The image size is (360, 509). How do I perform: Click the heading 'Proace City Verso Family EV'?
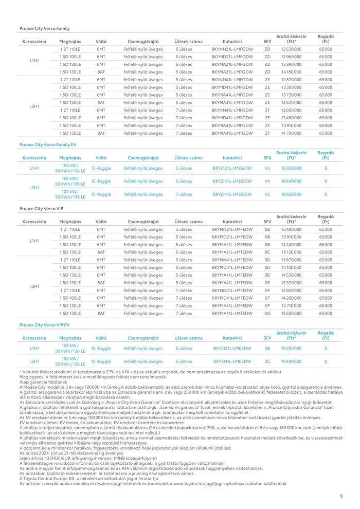click(48, 145)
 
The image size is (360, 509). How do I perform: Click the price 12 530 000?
click(291, 49)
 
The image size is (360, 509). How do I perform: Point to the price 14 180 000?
click(291, 72)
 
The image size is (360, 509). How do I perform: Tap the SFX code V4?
click(267, 181)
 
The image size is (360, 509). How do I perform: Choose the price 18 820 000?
click(291, 194)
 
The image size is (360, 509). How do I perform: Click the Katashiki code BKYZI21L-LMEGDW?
click(232, 168)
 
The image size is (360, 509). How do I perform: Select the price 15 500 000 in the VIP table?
click(291, 313)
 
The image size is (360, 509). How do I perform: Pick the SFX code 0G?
click(267, 313)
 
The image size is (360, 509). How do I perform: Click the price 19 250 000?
click(291, 348)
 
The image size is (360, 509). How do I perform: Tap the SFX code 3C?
click(267, 361)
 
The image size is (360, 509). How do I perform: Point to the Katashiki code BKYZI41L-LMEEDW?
click(232, 361)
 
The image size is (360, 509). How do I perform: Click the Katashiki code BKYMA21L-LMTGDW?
click(232, 72)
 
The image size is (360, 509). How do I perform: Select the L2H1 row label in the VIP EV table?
click(34, 361)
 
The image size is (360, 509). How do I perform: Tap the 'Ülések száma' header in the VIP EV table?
click(189, 338)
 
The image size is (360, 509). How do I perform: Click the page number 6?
click(341, 496)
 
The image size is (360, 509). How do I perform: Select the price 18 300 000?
click(291, 168)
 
